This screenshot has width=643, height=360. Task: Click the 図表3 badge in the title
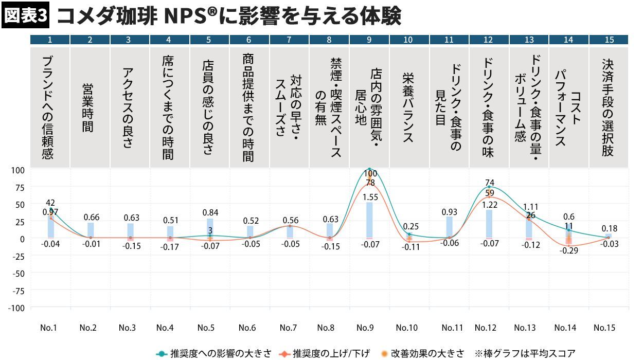click(26, 16)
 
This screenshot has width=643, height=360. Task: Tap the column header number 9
click(369, 40)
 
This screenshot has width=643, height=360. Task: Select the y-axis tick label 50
click(19, 204)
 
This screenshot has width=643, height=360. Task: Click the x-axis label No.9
click(365, 328)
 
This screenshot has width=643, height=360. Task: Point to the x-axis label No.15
click(604, 328)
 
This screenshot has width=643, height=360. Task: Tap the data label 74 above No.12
click(489, 183)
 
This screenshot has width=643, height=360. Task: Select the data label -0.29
click(569, 250)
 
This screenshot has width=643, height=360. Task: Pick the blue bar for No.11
click(449, 227)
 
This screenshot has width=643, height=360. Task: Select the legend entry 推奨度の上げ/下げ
click(326, 354)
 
